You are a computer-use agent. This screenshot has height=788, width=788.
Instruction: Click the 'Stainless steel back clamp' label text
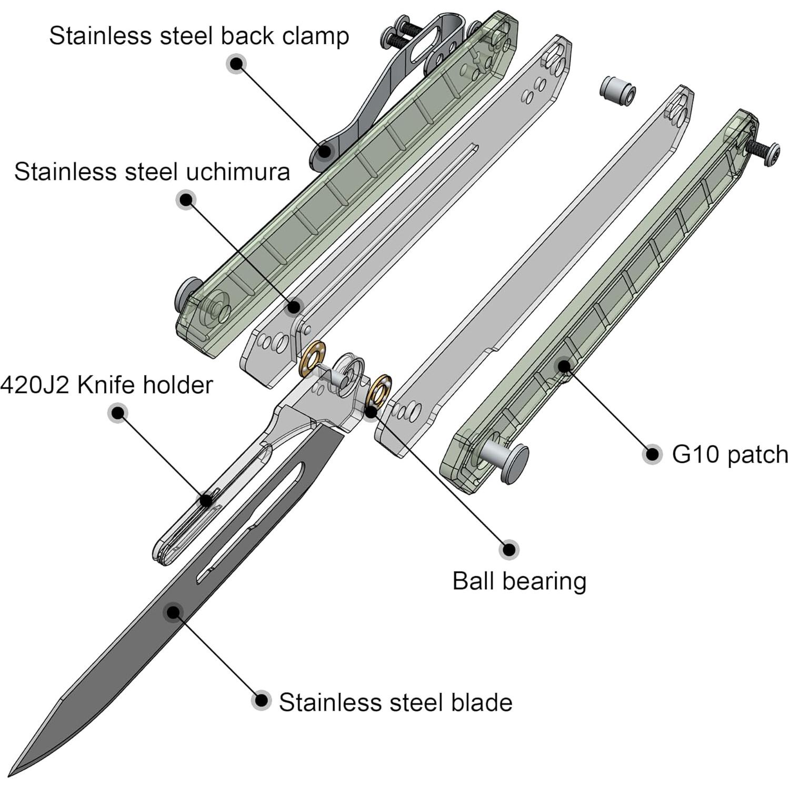[199, 36]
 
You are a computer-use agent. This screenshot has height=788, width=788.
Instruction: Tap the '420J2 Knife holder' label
[106, 385]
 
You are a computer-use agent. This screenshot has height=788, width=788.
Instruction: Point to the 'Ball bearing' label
[519, 582]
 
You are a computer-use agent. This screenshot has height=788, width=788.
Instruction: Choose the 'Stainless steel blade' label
[395, 703]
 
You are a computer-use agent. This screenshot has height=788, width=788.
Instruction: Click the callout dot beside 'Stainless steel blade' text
[261, 701]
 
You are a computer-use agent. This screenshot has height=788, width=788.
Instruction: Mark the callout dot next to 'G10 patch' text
[653, 454]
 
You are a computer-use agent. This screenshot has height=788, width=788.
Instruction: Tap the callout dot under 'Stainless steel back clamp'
[237, 64]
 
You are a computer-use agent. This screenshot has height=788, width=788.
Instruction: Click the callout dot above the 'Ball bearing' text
[509, 550]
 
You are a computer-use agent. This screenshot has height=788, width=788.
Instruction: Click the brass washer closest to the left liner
[312, 359]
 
